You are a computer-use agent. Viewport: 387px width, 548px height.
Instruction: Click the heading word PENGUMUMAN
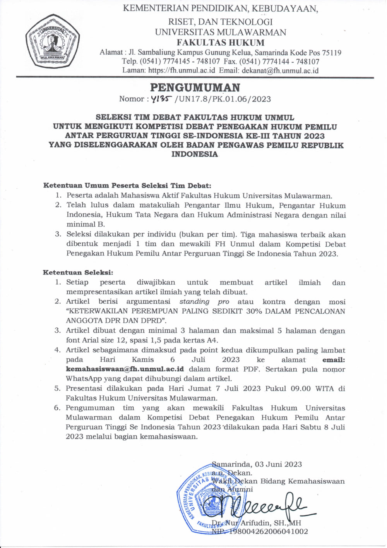195,88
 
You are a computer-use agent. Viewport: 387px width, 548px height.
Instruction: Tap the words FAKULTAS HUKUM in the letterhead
221,43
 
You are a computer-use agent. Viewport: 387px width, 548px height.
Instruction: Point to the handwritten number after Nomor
162,99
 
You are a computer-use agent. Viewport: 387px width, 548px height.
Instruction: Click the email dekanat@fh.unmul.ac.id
280,70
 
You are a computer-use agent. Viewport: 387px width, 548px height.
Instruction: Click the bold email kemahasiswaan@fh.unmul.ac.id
125,369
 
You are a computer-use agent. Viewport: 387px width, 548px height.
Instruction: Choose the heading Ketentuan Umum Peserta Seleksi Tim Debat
127,186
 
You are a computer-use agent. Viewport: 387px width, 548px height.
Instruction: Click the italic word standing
194,302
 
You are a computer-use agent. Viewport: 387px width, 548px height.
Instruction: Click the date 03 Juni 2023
278,464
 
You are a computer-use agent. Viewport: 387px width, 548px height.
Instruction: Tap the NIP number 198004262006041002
269,531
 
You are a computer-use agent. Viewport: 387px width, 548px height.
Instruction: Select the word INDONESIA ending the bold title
195,154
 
